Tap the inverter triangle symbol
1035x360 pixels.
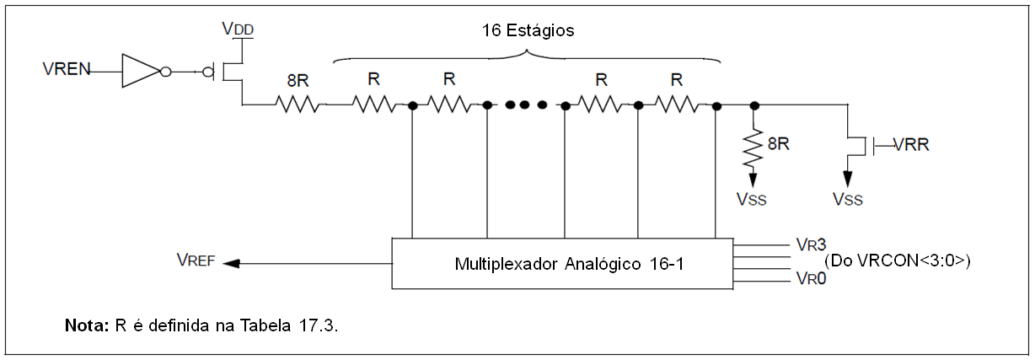[x=140, y=72]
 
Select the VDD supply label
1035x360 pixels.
[x=238, y=29]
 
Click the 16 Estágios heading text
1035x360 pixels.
[x=528, y=31]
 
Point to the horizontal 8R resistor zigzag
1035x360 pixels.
[x=298, y=105]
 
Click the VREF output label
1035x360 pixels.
[x=196, y=261]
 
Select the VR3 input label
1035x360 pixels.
[x=805, y=244]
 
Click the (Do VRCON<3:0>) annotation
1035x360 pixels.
[x=898, y=261]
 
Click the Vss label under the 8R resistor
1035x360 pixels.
[x=753, y=200]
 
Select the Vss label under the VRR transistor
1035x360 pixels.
[x=847, y=200]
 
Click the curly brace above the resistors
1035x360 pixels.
[x=528, y=57]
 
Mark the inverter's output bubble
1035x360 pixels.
[x=165, y=72]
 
